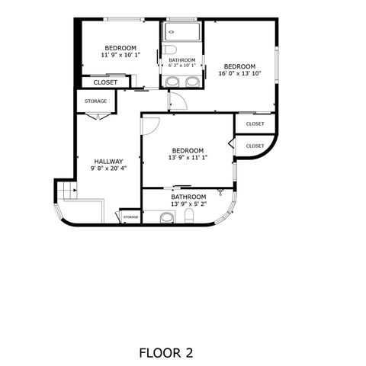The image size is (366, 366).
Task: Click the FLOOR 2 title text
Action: [165, 353]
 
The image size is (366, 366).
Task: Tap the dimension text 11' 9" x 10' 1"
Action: [120, 55]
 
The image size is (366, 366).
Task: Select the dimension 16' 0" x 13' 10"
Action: [239, 74]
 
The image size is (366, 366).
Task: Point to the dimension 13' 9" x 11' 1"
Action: [188, 158]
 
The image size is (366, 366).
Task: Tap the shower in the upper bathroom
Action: [181, 33]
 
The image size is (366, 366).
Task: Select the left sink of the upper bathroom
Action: [172, 80]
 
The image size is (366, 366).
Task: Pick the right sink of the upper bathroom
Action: [193, 80]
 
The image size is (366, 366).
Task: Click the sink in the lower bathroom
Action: [166, 218]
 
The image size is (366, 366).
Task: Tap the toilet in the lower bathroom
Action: [189, 219]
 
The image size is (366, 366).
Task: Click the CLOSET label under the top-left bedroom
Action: [105, 82]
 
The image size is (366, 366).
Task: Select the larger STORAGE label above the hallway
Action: [95, 101]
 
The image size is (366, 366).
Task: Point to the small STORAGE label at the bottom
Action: [130, 217]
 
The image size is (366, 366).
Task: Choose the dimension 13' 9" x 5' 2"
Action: [188, 203]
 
